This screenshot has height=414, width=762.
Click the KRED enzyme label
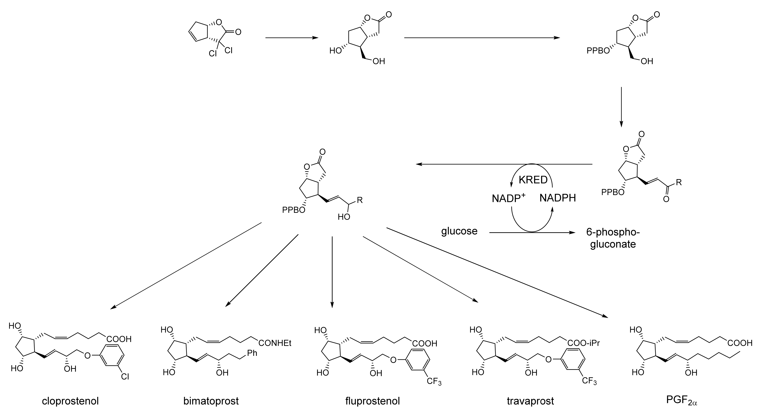[533, 180]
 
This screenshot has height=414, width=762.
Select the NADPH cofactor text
[558, 198]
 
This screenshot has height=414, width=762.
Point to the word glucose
[459, 231]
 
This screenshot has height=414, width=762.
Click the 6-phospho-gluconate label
[613, 238]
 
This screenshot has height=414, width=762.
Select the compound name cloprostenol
[70, 401]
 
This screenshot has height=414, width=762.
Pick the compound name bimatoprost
[211, 401]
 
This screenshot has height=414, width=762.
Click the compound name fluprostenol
[372, 401]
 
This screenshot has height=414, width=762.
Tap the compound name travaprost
[530, 401]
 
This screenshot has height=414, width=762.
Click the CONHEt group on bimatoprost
[275, 343]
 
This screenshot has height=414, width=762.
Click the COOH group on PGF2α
[740, 343]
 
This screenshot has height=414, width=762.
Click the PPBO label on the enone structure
[613, 193]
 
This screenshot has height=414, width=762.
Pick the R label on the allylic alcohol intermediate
[360, 200]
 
